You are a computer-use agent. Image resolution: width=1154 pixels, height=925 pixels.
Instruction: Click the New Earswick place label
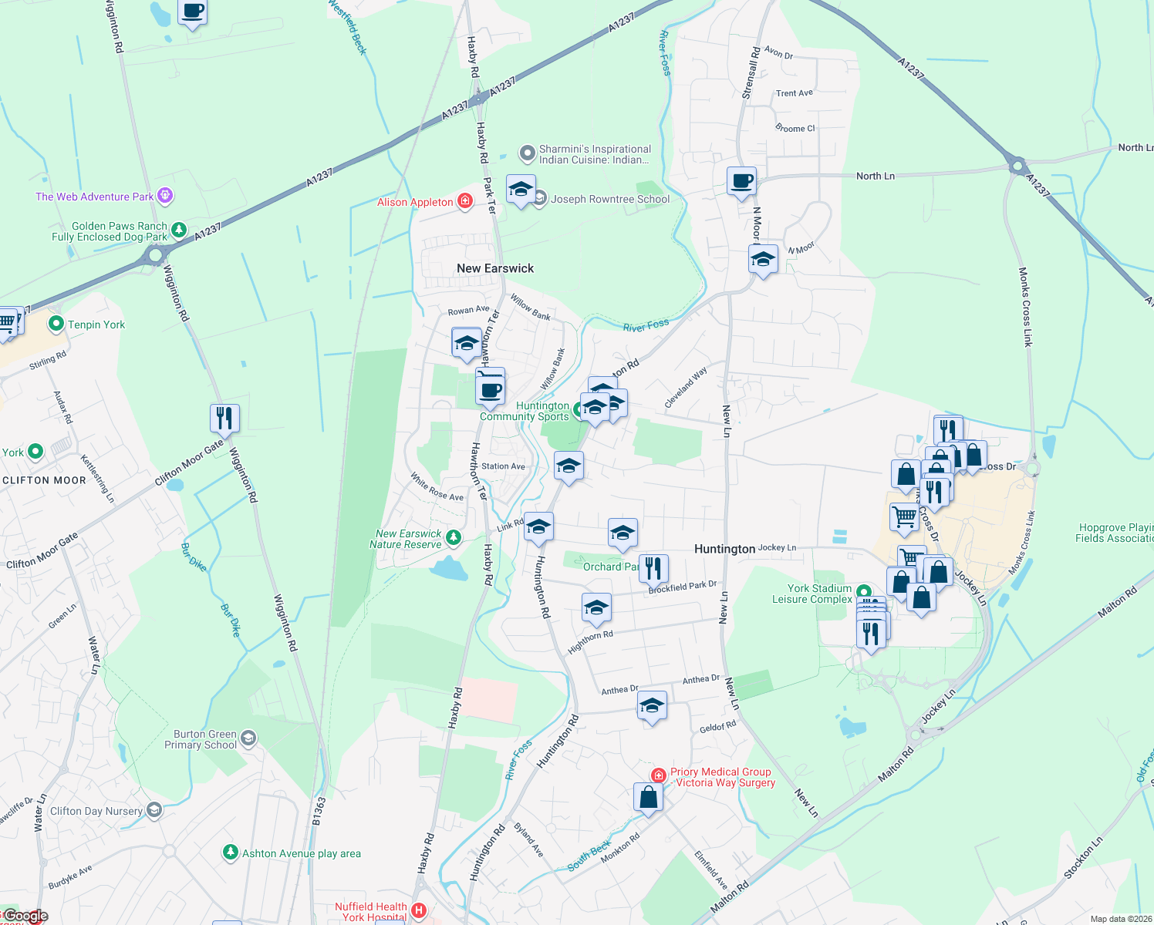(x=495, y=268)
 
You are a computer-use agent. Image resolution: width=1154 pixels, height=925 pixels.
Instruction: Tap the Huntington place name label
(x=724, y=549)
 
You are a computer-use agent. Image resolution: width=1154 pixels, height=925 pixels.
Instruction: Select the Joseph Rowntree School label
(x=610, y=199)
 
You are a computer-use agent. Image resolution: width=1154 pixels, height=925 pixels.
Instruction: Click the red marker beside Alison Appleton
(x=464, y=201)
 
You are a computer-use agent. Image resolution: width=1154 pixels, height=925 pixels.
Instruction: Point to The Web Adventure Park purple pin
(x=165, y=196)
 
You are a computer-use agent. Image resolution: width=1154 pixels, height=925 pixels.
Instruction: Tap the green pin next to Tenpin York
(x=56, y=324)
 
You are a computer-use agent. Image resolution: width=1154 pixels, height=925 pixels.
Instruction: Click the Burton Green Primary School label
(x=200, y=739)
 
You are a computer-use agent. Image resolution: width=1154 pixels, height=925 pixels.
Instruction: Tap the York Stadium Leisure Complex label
(x=812, y=594)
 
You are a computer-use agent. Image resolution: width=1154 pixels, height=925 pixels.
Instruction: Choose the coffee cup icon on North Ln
(x=742, y=182)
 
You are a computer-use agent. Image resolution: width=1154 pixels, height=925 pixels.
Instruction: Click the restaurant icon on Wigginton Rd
(x=224, y=418)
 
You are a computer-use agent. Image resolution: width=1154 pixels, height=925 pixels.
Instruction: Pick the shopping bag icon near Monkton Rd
(x=649, y=797)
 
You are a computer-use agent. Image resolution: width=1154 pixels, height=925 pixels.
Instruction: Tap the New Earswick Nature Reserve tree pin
(x=454, y=537)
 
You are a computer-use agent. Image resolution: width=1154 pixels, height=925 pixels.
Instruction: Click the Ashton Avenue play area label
(x=301, y=853)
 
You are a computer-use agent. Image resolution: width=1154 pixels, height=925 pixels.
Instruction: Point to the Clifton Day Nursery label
(x=96, y=811)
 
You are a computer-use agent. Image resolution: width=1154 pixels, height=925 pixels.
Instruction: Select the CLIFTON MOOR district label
(x=44, y=480)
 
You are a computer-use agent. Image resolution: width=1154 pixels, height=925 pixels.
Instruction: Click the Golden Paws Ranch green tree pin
(x=179, y=229)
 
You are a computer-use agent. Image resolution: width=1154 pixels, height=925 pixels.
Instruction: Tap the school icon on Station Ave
(x=569, y=466)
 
